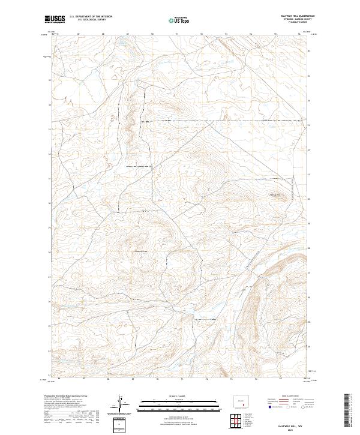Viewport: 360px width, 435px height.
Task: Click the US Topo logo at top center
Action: tap(179, 20)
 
